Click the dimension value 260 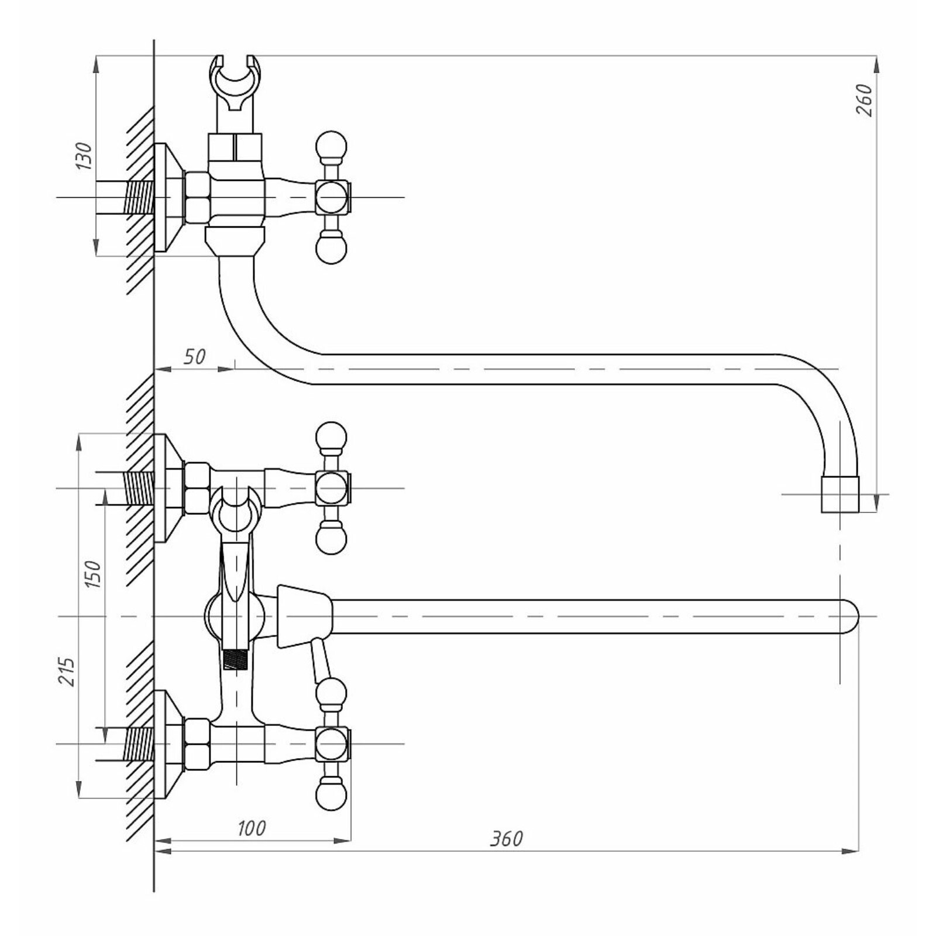pyautogui.click(x=865, y=100)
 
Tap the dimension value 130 pyautogui.click(x=84, y=156)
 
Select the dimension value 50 pyautogui.click(x=195, y=356)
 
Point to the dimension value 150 pyautogui.click(x=92, y=574)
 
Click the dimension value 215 pyautogui.click(x=67, y=672)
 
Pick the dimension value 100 pyautogui.click(x=252, y=828)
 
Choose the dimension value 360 pyautogui.click(x=507, y=838)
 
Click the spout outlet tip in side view pyautogui.click(x=840, y=494)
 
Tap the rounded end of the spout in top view pyautogui.click(x=850, y=617)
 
